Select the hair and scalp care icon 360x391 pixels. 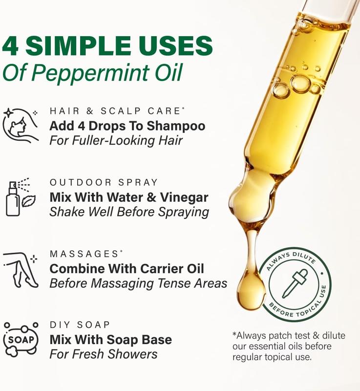21,126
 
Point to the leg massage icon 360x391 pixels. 21,270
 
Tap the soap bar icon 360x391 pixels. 21,339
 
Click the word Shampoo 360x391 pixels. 176,127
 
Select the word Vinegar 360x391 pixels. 184,197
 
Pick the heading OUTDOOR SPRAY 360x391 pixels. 104,182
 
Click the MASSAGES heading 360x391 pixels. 84,254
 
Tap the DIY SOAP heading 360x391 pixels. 80,325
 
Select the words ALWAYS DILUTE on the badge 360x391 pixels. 290,260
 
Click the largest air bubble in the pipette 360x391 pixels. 301,84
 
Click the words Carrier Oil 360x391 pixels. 172,268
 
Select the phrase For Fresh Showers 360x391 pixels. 104,354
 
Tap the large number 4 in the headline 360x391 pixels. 10,45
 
